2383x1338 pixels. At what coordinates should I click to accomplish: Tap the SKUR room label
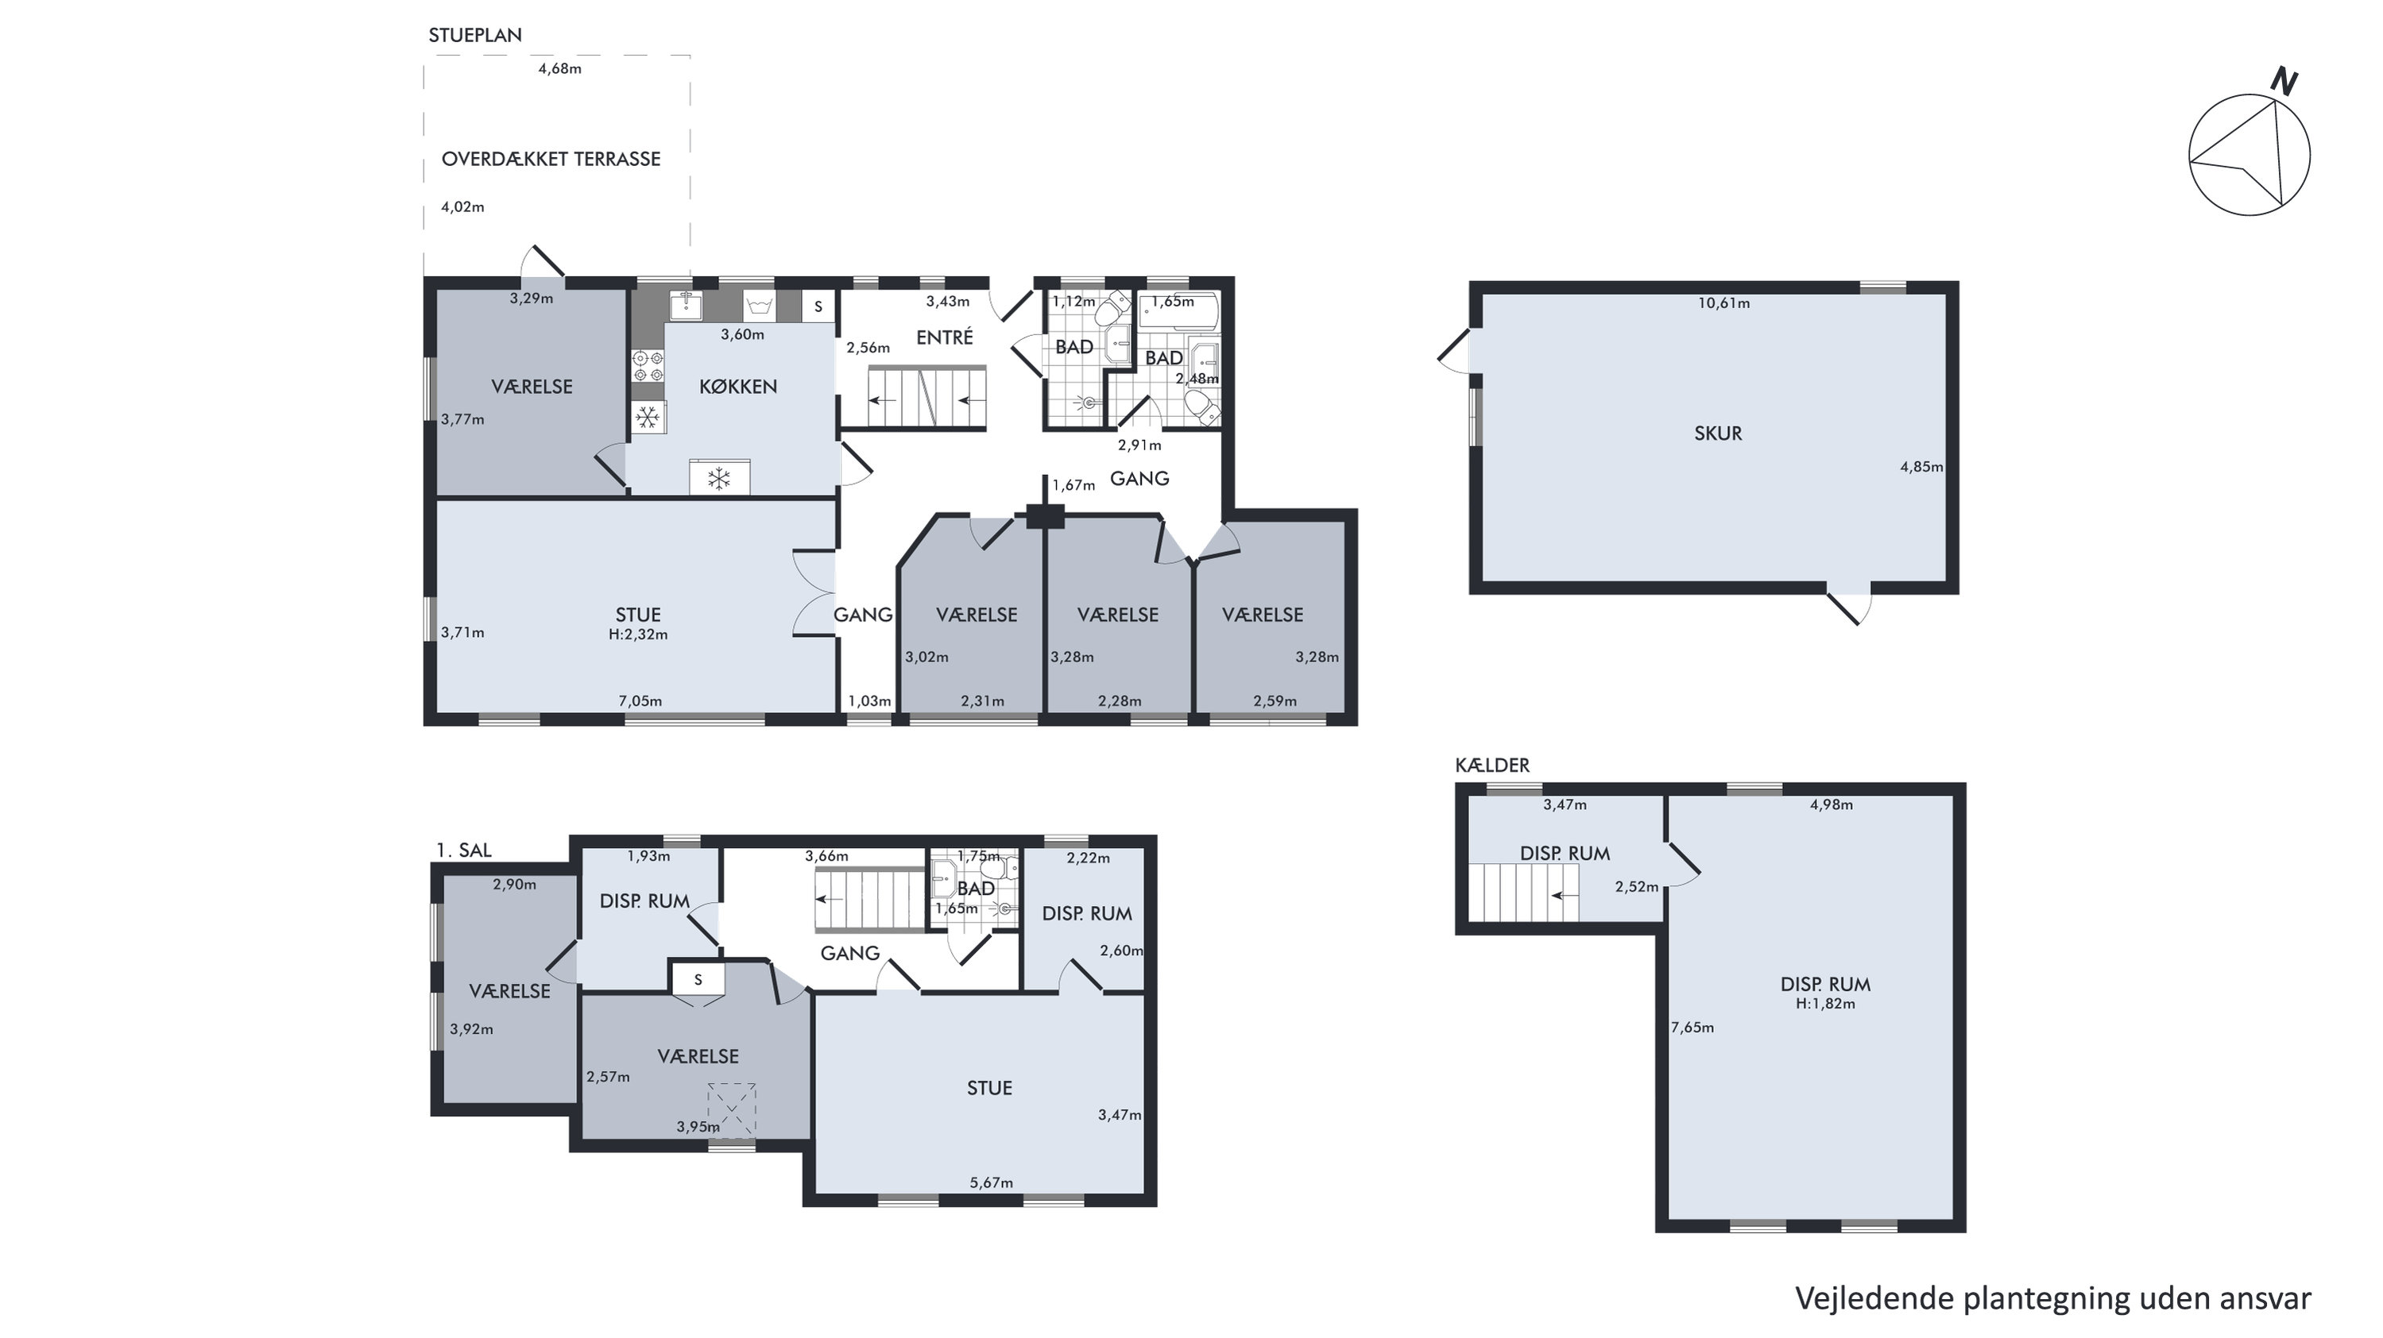(1718, 434)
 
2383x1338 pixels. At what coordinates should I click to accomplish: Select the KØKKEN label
(738, 387)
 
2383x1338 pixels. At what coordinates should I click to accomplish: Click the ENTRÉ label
(945, 337)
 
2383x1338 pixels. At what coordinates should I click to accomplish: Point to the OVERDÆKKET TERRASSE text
(551, 159)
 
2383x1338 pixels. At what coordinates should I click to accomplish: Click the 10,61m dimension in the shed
(1723, 303)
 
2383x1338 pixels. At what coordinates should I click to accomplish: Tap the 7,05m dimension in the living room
(640, 701)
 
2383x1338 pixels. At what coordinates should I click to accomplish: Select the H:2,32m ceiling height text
(638, 634)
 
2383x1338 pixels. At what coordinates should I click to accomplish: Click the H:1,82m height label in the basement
(1825, 1003)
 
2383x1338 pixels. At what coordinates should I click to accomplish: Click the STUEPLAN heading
(474, 35)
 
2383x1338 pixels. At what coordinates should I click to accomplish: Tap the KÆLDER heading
(1492, 765)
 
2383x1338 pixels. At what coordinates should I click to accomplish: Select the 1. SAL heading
(463, 850)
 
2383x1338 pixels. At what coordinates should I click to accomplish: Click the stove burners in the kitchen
(648, 366)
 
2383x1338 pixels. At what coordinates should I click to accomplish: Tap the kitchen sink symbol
(686, 304)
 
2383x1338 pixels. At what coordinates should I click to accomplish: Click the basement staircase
(1523, 893)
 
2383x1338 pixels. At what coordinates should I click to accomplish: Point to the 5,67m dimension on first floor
(991, 1182)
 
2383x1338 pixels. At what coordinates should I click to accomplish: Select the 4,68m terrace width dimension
(559, 68)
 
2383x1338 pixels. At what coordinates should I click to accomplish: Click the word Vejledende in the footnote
(1874, 1299)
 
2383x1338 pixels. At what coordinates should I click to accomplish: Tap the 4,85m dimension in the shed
(1921, 467)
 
